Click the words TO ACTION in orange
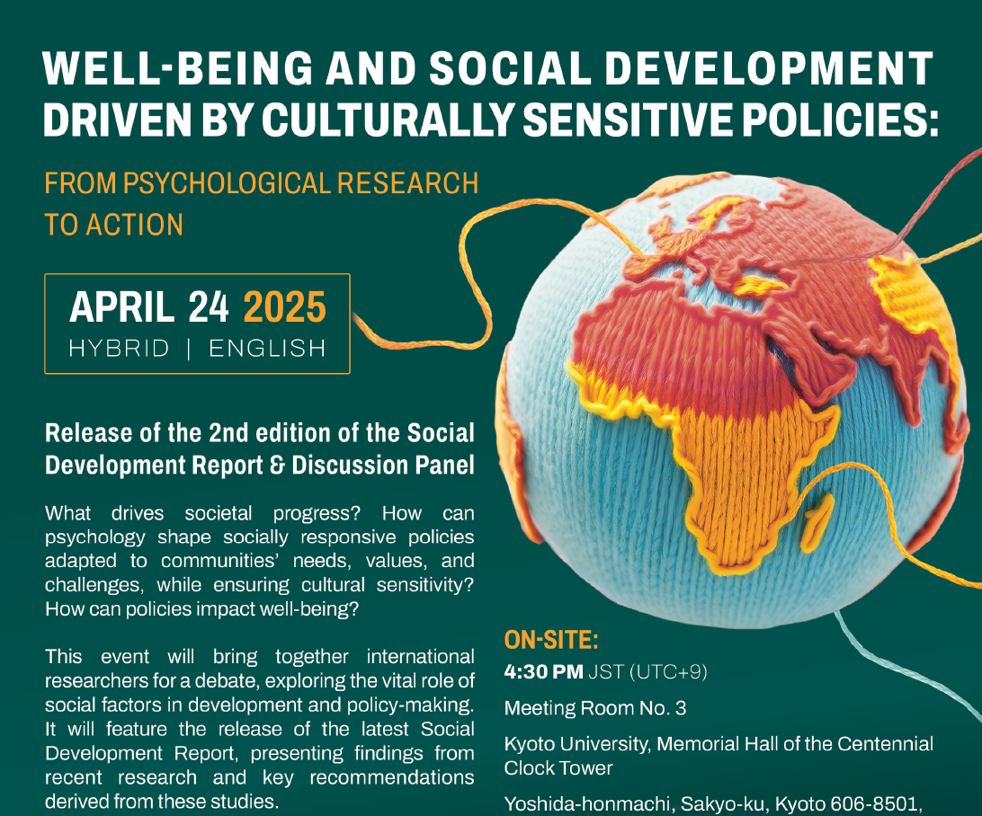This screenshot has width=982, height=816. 113,225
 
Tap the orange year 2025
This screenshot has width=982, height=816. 285,307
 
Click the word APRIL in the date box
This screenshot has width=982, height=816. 122,307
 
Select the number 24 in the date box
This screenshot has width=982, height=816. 209,307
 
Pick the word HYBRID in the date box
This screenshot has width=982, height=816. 119,349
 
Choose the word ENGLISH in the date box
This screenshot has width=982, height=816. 267,349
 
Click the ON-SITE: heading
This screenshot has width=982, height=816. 551,640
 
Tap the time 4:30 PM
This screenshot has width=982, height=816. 543,672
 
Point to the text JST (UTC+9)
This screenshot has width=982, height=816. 647,672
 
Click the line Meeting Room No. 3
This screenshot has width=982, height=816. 595,708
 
